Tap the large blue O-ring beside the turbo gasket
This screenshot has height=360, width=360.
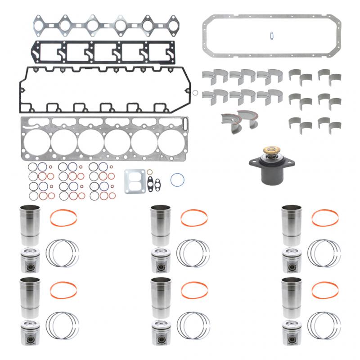tap(178, 180)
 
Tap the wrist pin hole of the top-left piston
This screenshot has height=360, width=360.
tap(30, 265)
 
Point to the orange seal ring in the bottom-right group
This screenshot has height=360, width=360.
tap(325, 290)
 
